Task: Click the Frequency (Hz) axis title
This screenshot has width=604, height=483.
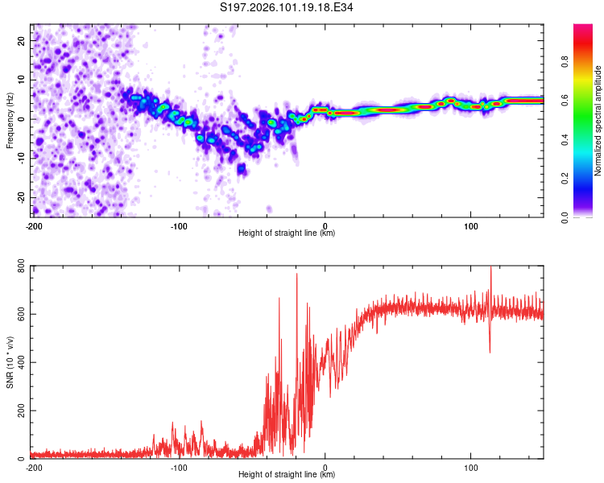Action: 9,121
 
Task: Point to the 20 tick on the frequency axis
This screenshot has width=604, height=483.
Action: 22,39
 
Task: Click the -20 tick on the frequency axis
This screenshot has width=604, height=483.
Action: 20,197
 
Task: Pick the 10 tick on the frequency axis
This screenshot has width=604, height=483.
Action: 22,79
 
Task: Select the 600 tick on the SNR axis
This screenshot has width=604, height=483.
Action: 18,314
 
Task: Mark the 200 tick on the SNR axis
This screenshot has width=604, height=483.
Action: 18,411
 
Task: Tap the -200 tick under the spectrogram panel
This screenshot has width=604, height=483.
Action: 33,226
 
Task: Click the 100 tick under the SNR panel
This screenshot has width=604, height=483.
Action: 471,468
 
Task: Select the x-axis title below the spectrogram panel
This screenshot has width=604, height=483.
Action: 287,233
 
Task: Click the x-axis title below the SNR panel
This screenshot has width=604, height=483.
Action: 287,475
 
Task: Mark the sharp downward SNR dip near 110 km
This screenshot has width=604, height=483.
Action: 490,350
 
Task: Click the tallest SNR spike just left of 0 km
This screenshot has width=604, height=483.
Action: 296,275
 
